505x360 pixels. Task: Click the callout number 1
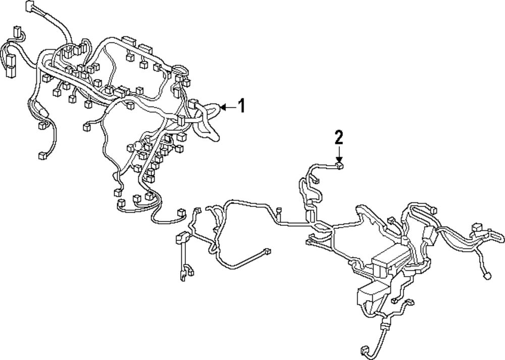coord(241,106)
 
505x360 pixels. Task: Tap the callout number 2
coord(339,136)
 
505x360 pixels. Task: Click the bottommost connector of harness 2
coord(365,350)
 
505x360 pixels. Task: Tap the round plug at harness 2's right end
coord(487,276)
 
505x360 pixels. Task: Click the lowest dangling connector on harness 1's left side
coord(41,155)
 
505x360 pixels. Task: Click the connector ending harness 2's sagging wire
coord(267,251)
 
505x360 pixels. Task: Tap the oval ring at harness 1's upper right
coord(179,70)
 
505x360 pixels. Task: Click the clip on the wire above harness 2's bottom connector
coord(384,327)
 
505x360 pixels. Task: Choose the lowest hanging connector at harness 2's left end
coord(182,275)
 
